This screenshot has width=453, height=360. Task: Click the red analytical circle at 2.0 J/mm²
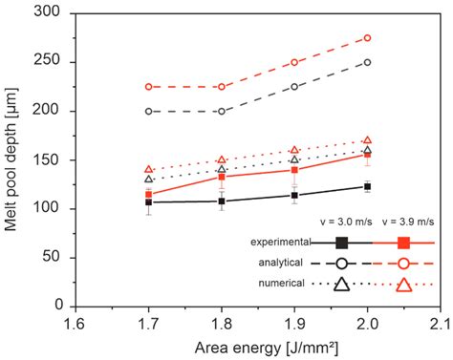367,38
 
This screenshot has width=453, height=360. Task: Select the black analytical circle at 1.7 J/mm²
148,111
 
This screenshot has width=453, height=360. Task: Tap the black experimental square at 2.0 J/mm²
367,186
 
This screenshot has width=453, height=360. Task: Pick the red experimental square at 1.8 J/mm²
221,177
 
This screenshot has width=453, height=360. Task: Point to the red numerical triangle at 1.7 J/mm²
148,169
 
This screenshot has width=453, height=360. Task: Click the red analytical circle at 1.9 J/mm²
294,62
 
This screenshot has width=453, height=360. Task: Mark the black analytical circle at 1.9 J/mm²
294,87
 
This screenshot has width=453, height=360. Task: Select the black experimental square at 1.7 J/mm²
148,201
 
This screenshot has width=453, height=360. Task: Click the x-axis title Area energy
257,346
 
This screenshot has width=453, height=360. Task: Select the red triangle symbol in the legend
404,284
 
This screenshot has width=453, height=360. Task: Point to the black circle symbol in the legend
341,263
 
